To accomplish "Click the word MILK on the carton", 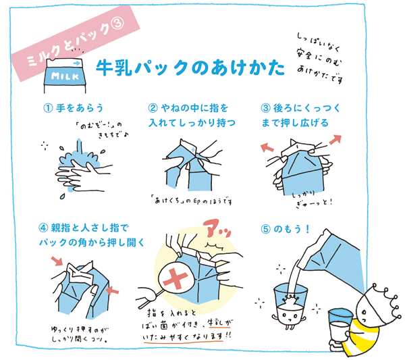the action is [65, 76].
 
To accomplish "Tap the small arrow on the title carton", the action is [76, 63].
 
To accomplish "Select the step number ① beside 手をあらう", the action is [48, 108].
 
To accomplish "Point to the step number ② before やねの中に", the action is [153, 108].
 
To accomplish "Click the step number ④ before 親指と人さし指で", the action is [43, 228].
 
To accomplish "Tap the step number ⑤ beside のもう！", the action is [265, 229].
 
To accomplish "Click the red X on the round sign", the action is [175, 278].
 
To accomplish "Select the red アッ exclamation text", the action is [217, 228].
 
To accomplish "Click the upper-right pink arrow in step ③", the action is [335, 140].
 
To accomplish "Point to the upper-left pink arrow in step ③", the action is [267, 148].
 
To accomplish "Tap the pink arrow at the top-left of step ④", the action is [57, 261].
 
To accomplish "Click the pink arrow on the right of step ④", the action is [113, 290].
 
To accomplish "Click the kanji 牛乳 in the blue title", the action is [114, 68].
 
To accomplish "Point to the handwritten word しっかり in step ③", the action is [304, 194].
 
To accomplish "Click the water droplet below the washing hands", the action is [62, 196].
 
